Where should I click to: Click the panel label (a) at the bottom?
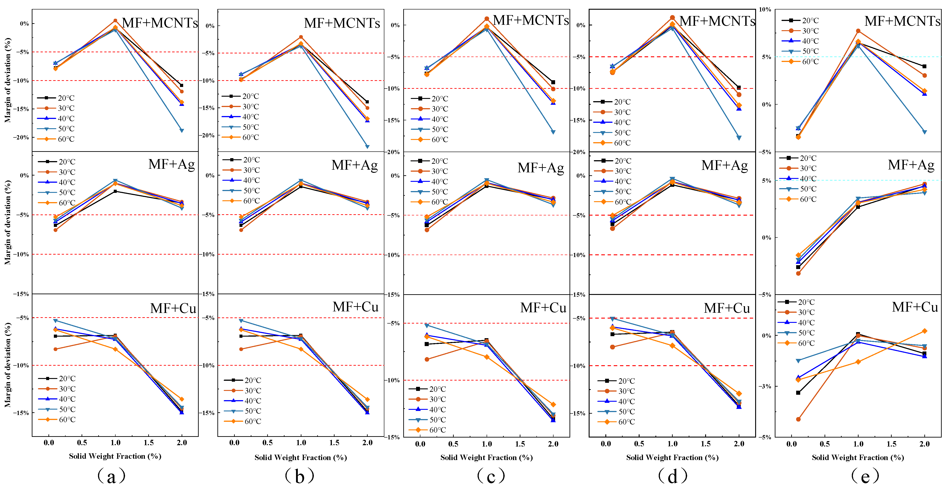click(112, 477)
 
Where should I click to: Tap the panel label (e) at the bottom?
click(865, 477)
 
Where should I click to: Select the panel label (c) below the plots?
click(491, 477)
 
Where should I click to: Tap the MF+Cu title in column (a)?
click(173, 308)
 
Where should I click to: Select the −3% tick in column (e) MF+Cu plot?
click(765, 386)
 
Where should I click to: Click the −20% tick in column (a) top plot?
click(21, 137)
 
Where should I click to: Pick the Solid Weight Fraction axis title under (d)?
click(672, 457)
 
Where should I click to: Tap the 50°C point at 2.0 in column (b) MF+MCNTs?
click(367, 146)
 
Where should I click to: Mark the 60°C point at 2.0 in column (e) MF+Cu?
click(924, 331)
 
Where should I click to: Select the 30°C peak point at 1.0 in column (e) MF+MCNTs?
click(858, 31)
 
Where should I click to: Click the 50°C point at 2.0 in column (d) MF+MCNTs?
click(739, 138)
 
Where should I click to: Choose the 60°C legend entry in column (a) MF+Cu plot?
click(57, 420)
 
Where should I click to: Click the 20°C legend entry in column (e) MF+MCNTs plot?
click(800, 21)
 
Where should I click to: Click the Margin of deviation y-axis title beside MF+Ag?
click(8, 222)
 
